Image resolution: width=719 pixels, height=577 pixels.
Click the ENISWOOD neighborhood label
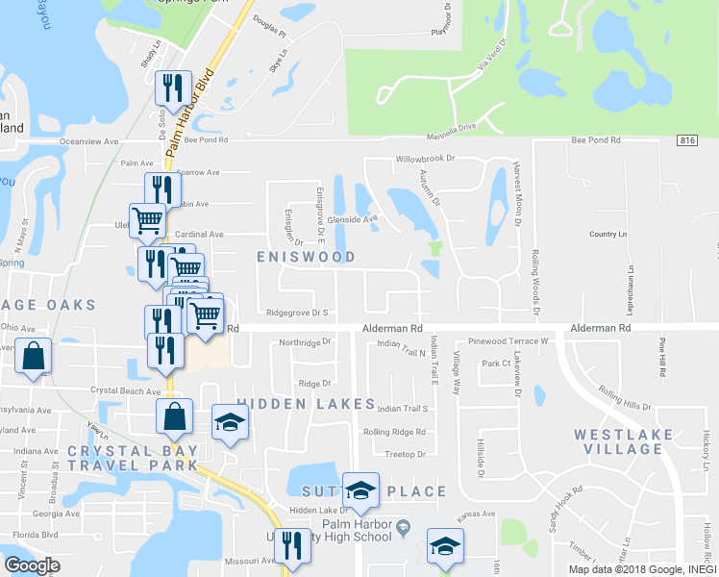(306, 257)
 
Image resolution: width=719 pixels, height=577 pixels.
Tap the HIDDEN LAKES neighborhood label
(306, 404)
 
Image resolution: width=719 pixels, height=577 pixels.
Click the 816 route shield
(686, 140)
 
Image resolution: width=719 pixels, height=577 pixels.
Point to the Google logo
(33, 565)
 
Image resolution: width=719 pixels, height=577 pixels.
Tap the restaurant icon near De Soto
(174, 89)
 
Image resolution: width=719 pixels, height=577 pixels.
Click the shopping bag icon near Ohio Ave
(34, 357)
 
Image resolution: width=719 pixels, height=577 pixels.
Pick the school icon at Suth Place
(360, 490)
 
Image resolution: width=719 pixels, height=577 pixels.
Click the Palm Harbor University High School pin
(405, 525)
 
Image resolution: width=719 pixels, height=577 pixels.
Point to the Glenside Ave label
(353, 218)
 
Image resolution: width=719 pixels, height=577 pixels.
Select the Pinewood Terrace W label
(508, 341)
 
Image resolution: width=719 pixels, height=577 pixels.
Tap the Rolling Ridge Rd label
(394, 432)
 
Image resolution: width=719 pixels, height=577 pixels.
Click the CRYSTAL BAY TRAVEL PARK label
(133, 458)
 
